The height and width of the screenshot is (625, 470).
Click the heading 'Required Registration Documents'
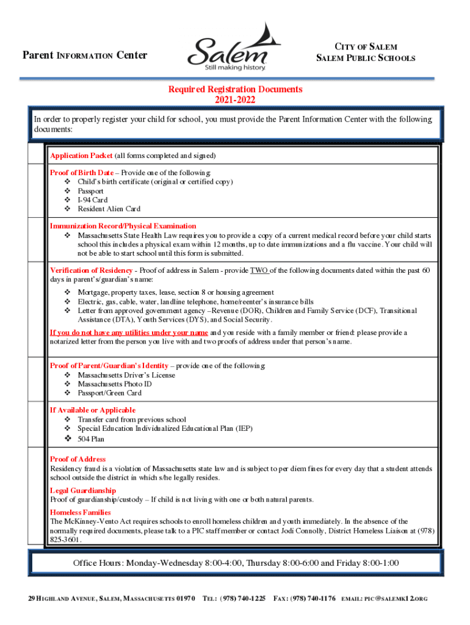235,89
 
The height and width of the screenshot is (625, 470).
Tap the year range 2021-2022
235,99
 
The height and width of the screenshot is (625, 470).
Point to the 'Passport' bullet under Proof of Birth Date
90,191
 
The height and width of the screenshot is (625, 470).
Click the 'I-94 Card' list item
93,200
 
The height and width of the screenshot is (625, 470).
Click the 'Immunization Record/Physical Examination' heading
123,226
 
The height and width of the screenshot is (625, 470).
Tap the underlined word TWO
259,270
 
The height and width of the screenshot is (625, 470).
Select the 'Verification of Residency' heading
91,270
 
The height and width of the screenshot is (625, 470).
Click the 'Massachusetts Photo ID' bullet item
114,384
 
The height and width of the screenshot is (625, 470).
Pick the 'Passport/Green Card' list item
109,393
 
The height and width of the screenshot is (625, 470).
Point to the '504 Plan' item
91,439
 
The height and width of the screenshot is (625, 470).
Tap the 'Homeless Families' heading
80,512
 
